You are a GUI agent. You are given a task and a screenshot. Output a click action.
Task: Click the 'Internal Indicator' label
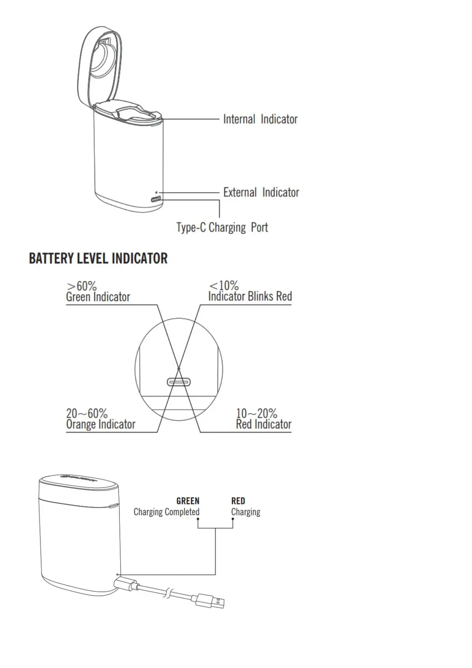pyautogui.click(x=260, y=119)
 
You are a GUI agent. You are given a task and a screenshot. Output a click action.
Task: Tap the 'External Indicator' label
pyautogui.click(x=261, y=192)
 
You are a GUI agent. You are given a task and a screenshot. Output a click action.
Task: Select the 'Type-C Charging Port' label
pyautogui.click(x=222, y=228)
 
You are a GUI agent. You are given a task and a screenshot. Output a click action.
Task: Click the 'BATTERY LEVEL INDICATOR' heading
pyautogui.click(x=98, y=259)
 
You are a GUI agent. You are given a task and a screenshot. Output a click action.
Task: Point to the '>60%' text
pyautogui.click(x=82, y=286)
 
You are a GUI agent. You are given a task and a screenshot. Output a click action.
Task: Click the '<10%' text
pyautogui.click(x=224, y=285)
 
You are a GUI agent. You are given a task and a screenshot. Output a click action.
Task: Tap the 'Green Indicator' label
pyautogui.click(x=98, y=297)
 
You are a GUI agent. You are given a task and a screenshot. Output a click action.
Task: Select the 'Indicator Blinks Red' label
pyautogui.click(x=250, y=296)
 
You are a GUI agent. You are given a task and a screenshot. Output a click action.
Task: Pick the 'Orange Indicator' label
pyautogui.click(x=101, y=424)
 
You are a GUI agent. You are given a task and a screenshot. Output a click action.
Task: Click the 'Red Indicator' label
pyautogui.click(x=264, y=424)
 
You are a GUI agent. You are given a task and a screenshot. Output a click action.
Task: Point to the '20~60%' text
pyautogui.click(x=87, y=413)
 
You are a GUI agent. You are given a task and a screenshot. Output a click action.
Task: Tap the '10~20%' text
pyautogui.click(x=257, y=413)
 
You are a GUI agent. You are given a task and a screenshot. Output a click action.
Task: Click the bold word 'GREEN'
pyautogui.click(x=188, y=501)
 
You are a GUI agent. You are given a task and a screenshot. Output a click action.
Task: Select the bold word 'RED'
pyautogui.click(x=238, y=501)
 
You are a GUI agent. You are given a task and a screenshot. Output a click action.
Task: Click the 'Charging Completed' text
pyautogui.click(x=166, y=512)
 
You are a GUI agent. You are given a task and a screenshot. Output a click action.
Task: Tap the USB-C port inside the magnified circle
pyautogui.click(x=179, y=382)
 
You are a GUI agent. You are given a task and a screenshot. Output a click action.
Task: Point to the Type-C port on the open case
pyautogui.click(x=155, y=199)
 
